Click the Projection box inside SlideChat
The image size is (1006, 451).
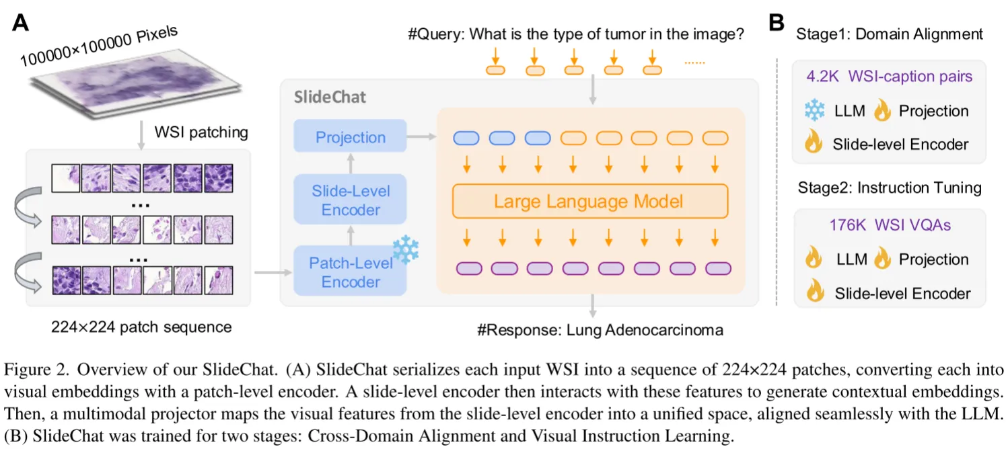tap(350, 137)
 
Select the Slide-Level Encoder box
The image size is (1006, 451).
tap(350, 200)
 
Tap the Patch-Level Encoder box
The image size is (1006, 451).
tap(350, 272)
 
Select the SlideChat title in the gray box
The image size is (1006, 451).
tap(330, 97)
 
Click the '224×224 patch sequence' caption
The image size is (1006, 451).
tap(141, 327)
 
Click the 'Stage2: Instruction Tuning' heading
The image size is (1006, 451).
tap(890, 187)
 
